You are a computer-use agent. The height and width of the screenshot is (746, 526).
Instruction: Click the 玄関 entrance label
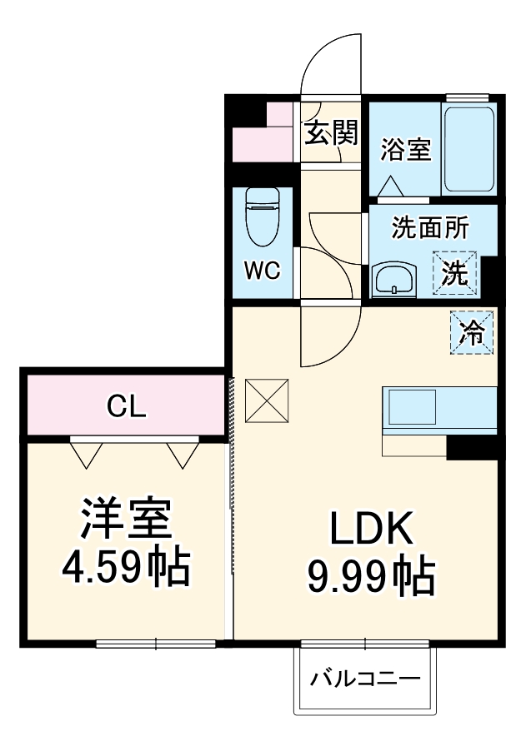click(331, 132)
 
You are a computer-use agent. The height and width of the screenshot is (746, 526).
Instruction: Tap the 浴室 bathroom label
click(406, 151)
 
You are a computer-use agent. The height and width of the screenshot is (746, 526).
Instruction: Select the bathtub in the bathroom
click(469, 148)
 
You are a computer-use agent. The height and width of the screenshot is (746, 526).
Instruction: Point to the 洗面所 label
click(430, 227)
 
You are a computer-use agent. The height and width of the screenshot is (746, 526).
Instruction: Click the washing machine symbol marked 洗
click(455, 272)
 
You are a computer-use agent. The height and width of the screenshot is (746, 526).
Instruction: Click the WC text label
click(262, 271)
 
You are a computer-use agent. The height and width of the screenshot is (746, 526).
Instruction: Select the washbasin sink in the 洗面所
click(394, 279)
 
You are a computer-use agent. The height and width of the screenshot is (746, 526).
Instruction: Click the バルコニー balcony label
click(365, 679)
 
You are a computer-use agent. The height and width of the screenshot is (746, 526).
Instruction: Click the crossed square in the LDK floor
click(267, 400)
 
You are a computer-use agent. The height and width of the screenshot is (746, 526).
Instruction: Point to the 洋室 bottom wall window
click(156, 643)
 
